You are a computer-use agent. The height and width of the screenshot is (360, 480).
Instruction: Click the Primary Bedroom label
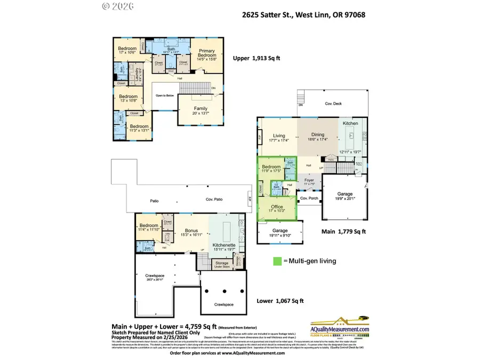click(206, 52)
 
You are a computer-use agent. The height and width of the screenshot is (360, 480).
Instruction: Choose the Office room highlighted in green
click(277, 207)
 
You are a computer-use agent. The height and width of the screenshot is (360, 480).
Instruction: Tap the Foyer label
click(309, 180)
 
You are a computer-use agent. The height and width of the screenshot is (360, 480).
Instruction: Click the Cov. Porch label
click(309, 198)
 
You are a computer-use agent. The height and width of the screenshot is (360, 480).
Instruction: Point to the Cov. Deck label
click(333, 103)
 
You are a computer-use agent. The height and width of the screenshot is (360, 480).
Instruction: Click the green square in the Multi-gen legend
click(277, 261)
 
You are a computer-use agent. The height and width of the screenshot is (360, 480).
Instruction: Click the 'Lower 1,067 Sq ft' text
click(279, 301)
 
